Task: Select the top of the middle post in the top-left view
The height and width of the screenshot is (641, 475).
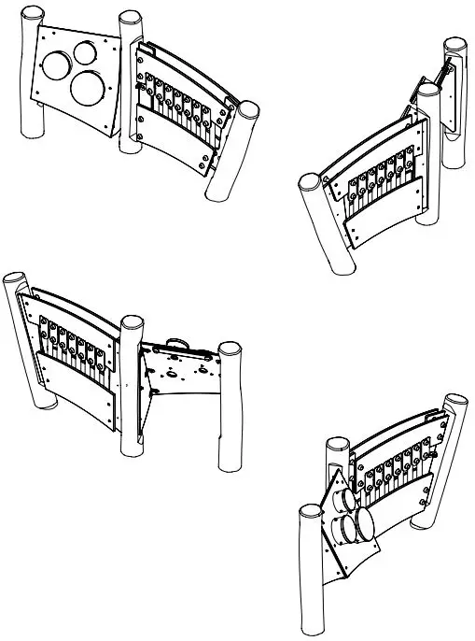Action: coord(129,19)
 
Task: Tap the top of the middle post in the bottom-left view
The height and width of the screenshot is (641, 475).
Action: coord(132,324)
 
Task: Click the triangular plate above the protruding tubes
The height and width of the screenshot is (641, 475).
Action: coord(329,495)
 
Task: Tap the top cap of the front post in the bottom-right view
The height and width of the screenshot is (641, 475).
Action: coord(308,512)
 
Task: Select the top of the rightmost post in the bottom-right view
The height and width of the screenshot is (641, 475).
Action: coord(456,401)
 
